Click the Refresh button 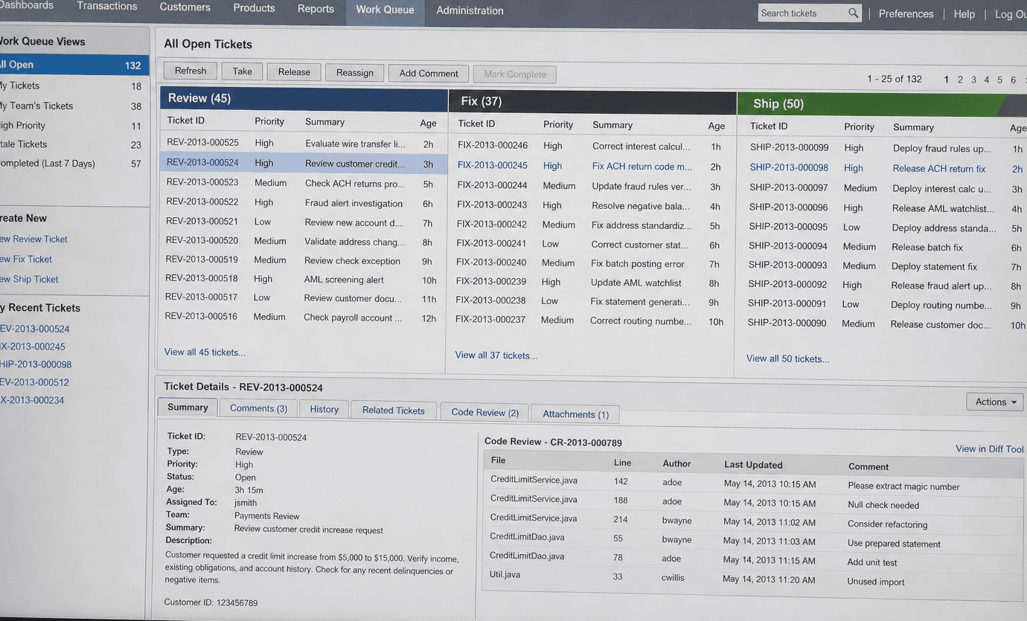tap(191, 71)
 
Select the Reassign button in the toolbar tap(354, 72)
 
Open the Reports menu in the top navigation tap(316, 9)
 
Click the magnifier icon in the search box tap(853, 13)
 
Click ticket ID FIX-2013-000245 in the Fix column tap(493, 165)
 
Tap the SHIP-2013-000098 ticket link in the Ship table tap(789, 167)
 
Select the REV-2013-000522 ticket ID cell tap(202, 202)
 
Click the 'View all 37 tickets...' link tap(496, 355)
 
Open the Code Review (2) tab tap(484, 412)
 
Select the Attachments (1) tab tap(575, 414)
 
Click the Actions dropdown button tap(994, 402)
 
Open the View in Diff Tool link tap(989, 448)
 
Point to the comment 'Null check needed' tap(883, 505)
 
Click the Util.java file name tap(505, 574)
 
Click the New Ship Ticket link tap(29, 279)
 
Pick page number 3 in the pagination tap(973, 80)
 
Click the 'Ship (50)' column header tap(778, 103)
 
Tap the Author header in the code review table tap(676, 463)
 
